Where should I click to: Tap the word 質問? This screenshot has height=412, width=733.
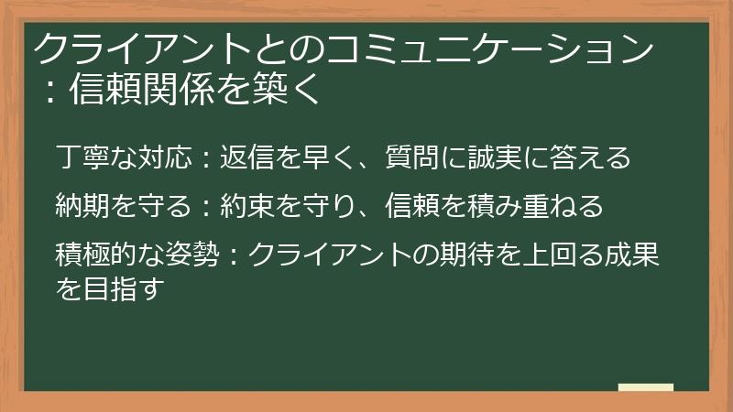[x=432, y=157]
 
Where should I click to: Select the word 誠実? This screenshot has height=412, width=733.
[x=520, y=157]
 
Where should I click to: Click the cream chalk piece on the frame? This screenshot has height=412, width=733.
[x=645, y=387]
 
